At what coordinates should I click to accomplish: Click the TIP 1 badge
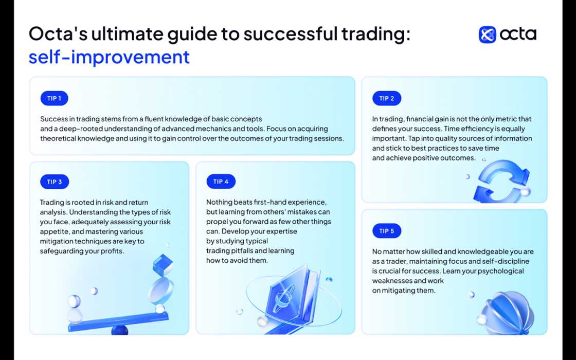[x=54, y=98]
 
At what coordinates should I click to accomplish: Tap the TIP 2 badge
[x=387, y=98]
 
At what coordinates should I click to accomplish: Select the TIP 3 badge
[x=54, y=182]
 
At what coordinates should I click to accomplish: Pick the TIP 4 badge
[x=221, y=182]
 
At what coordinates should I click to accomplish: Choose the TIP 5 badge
[x=387, y=231]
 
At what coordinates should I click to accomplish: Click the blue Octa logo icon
[x=487, y=34]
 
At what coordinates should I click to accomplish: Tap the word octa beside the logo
[x=518, y=34]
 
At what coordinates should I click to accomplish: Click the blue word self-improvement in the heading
[x=109, y=57]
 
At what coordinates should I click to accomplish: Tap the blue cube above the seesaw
[x=163, y=264]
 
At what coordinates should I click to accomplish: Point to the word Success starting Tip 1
[x=55, y=119]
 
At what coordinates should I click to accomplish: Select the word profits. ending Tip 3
[x=112, y=251]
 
